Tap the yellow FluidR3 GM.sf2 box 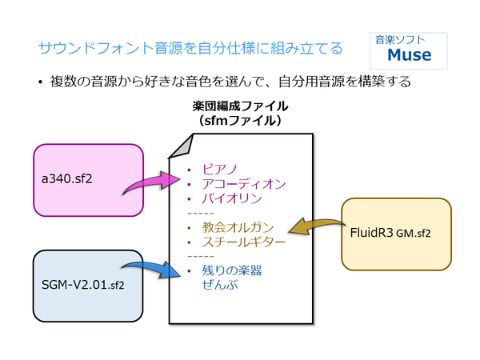click(396, 234)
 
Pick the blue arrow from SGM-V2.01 click(152, 272)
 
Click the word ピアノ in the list click(220, 170)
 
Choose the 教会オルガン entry click(238, 227)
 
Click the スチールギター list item click(243, 242)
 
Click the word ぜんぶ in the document click(221, 285)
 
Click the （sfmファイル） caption click(240, 120)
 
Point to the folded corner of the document click(181, 146)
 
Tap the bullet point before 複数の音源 click(39, 82)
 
